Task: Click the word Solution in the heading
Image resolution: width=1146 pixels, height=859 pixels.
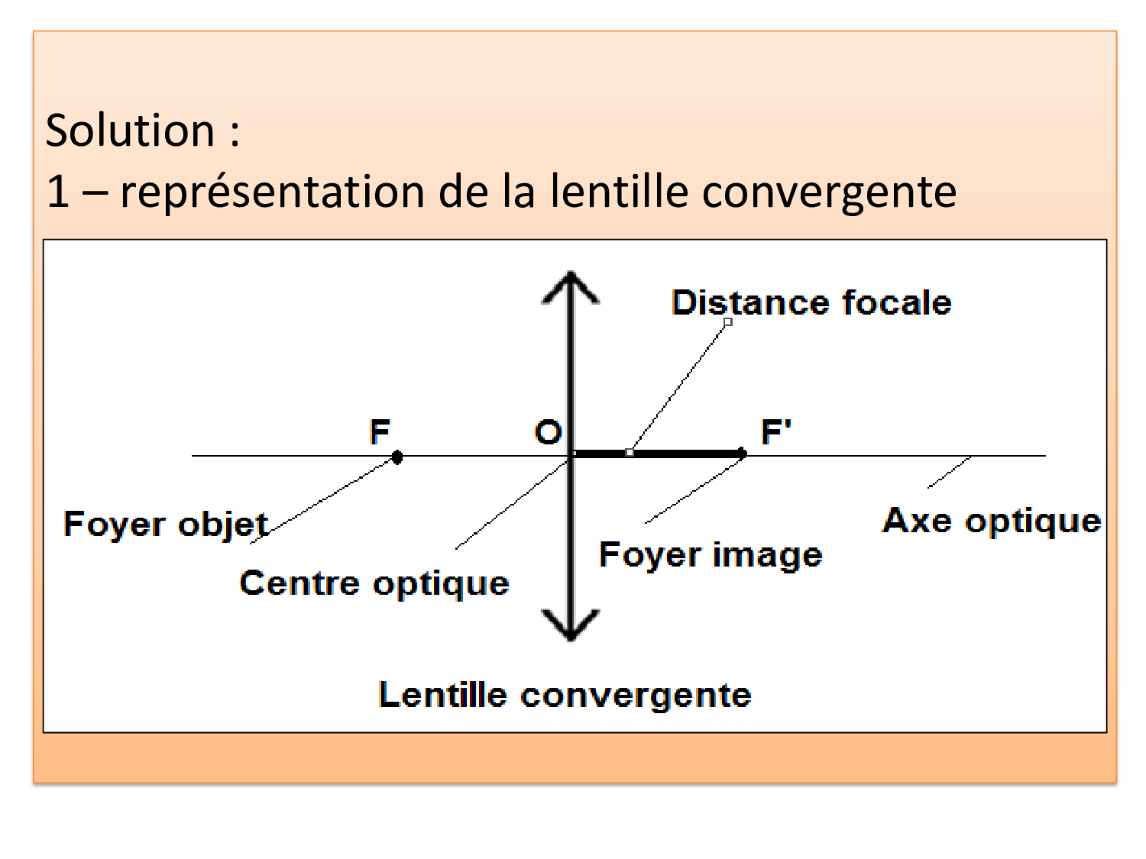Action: (x=130, y=130)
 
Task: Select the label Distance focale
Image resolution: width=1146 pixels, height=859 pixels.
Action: (x=811, y=302)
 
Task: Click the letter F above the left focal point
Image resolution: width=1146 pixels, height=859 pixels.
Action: (x=380, y=432)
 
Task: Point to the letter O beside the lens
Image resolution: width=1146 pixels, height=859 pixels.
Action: (x=548, y=432)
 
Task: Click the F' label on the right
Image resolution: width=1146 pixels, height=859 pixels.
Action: (x=775, y=432)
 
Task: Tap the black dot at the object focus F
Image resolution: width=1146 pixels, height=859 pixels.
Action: (x=397, y=457)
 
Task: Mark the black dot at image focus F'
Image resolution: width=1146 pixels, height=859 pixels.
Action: (x=742, y=454)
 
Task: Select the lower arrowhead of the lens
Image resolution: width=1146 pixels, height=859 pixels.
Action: (x=571, y=625)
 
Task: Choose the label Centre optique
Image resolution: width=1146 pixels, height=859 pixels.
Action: (x=374, y=583)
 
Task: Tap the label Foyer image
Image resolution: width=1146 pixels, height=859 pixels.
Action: (x=711, y=555)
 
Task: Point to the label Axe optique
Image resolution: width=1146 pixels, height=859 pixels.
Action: (x=992, y=522)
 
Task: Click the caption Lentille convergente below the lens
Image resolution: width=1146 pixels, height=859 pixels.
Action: (x=565, y=696)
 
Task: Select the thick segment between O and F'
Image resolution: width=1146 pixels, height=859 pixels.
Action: (x=657, y=454)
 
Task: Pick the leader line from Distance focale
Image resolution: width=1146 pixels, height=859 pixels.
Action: (x=678, y=388)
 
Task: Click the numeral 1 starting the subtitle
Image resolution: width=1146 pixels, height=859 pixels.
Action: (x=57, y=192)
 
